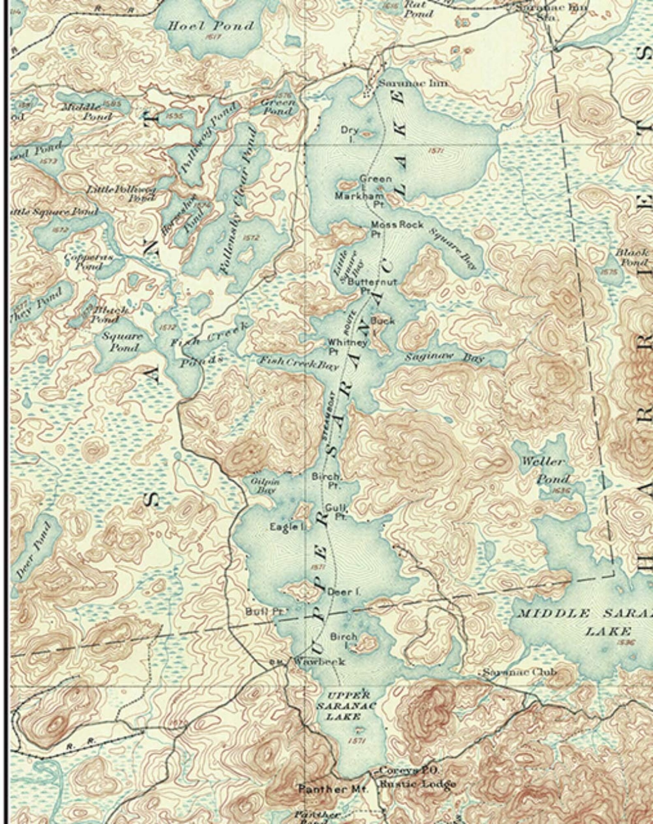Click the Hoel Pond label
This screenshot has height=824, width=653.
pos(211,26)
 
